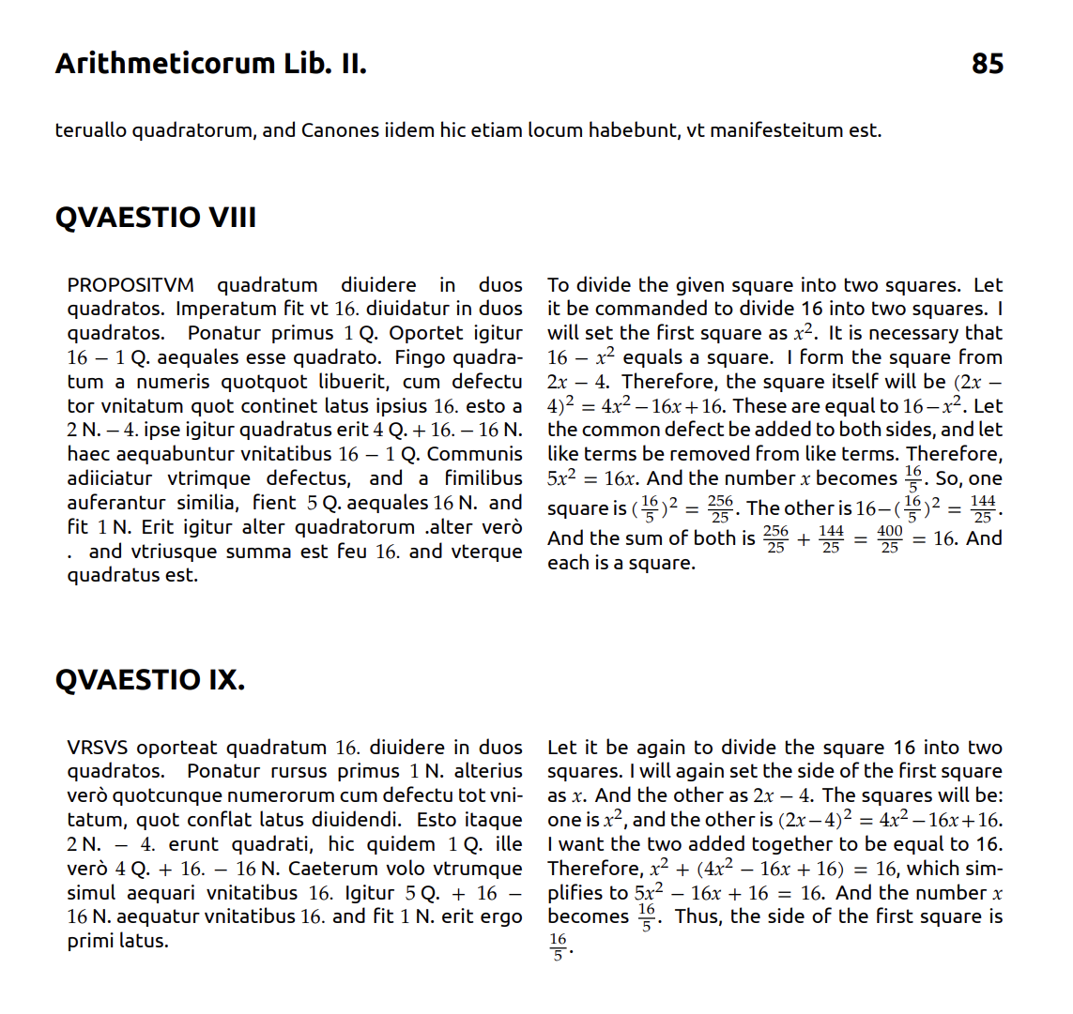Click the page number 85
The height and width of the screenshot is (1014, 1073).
coord(987,64)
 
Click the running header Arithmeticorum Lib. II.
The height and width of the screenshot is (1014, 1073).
coord(211,64)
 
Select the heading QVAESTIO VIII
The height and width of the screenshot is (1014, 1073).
coord(156,218)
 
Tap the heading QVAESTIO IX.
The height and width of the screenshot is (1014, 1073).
coord(150,679)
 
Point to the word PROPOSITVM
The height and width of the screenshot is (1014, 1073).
coord(130,285)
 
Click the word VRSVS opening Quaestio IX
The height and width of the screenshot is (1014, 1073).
coord(99,748)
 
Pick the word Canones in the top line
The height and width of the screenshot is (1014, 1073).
coord(339,130)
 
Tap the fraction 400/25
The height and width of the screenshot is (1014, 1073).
coord(889,539)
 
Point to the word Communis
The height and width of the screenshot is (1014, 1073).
coord(474,454)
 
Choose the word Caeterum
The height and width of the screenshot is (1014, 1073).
coord(353,869)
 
